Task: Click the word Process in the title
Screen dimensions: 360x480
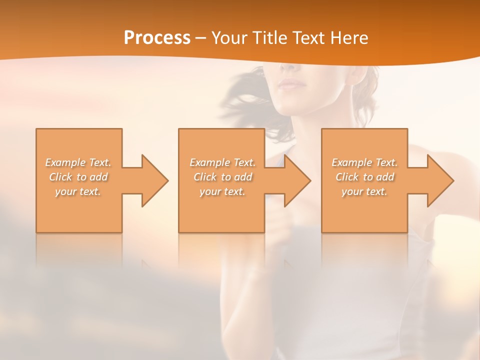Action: pyautogui.click(x=157, y=38)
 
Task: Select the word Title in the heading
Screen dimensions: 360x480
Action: pyautogui.click(x=270, y=38)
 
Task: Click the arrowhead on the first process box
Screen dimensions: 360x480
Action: pyautogui.click(x=153, y=180)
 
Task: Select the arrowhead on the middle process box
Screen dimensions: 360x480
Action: pyautogui.click(x=295, y=180)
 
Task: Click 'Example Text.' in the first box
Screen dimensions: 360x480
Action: pyautogui.click(x=78, y=162)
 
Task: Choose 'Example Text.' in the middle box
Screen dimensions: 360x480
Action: pyautogui.click(x=222, y=162)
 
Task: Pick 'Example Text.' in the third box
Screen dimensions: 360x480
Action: pyautogui.click(x=364, y=162)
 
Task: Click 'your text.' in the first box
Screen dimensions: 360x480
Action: pyautogui.click(x=78, y=191)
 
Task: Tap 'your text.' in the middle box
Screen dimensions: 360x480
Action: pyautogui.click(x=222, y=191)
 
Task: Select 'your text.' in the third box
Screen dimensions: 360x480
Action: pyautogui.click(x=364, y=191)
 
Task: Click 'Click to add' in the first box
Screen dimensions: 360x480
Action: pyautogui.click(x=78, y=177)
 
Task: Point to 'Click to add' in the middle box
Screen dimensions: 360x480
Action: pyautogui.click(x=222, y=177)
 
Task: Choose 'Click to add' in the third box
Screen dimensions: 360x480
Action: pyautogui.click(x=364, y=177)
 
